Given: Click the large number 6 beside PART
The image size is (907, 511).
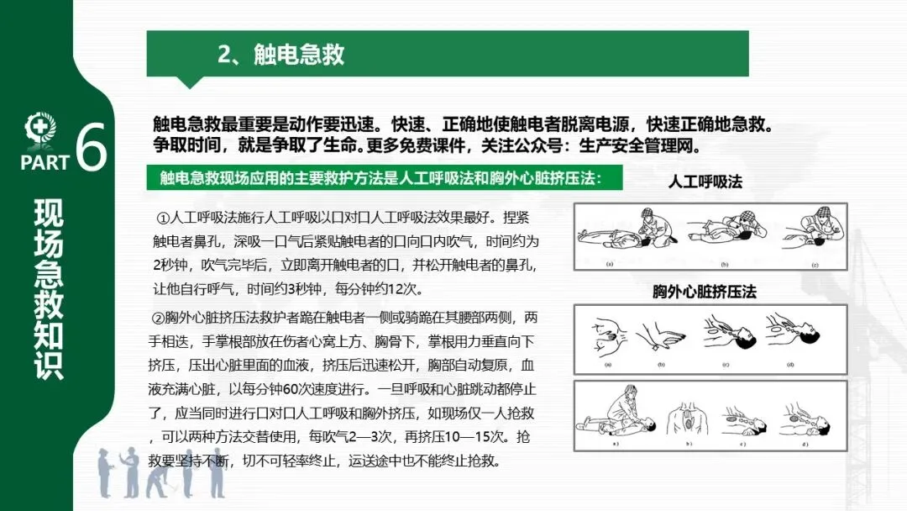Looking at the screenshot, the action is click(92, 146).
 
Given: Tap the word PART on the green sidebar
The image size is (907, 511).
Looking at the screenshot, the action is click(45, 162).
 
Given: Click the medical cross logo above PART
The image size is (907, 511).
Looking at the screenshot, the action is click(40, 129).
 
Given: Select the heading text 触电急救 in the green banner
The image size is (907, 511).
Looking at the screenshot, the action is click(298, 55).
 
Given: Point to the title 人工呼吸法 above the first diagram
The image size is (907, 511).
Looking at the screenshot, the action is click(705, 182).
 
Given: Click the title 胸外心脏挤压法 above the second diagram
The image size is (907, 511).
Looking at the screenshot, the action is click(705, 292).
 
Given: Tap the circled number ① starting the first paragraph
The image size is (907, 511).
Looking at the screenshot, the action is click(162, 219).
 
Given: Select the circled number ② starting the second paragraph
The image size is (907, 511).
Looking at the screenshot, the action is click(158, 319).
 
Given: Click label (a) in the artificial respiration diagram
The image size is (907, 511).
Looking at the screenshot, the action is click(609, 264).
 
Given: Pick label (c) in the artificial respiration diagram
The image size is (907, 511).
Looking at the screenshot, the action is click(815, 265).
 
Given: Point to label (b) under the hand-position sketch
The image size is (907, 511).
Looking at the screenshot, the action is click(661, 365).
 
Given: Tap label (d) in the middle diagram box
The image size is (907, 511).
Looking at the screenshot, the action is click(790, 365).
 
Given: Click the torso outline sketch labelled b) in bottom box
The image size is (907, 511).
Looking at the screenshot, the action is click(688, 419).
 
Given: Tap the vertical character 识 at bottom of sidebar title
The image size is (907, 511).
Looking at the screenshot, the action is click(49, 365).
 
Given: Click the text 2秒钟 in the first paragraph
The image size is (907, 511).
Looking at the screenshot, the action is click(170, 265).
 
